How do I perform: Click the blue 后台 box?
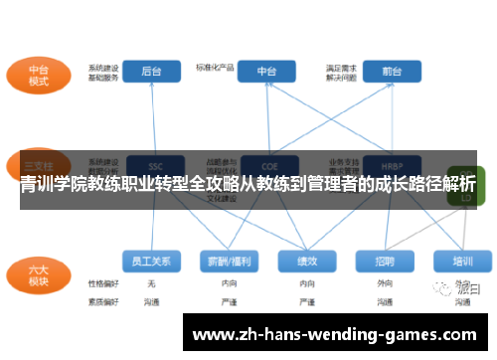point(152,71)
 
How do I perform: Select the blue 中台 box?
point(267,71)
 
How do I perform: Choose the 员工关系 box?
point(152,261)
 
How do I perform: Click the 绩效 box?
point(307,261)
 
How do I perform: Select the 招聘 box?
point(385,261)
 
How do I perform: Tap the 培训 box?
point(462,261)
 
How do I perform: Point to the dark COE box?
point(267,165)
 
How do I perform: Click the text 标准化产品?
point(215,67)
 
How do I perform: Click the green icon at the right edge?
point(463,189)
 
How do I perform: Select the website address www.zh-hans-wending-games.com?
point(334,335)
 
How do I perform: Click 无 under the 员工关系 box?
point(151,283)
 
